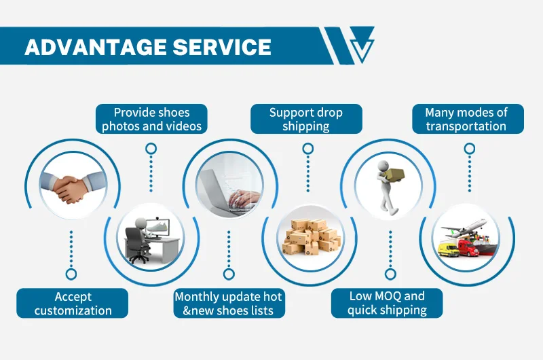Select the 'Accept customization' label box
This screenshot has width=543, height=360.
click(73, 304)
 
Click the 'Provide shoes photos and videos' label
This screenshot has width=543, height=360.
click(151, 120)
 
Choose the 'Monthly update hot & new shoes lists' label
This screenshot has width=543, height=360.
click(228, 304)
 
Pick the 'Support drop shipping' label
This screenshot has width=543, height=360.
click(306, 120)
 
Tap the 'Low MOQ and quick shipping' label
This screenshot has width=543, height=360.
click(387, 304)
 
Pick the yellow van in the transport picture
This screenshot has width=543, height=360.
click(448, 250)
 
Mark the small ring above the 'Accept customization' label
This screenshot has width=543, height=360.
click(71, 274)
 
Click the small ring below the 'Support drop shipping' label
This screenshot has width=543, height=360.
click(307, 147)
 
